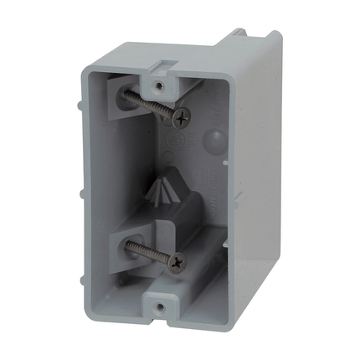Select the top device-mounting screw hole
(157, 84)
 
